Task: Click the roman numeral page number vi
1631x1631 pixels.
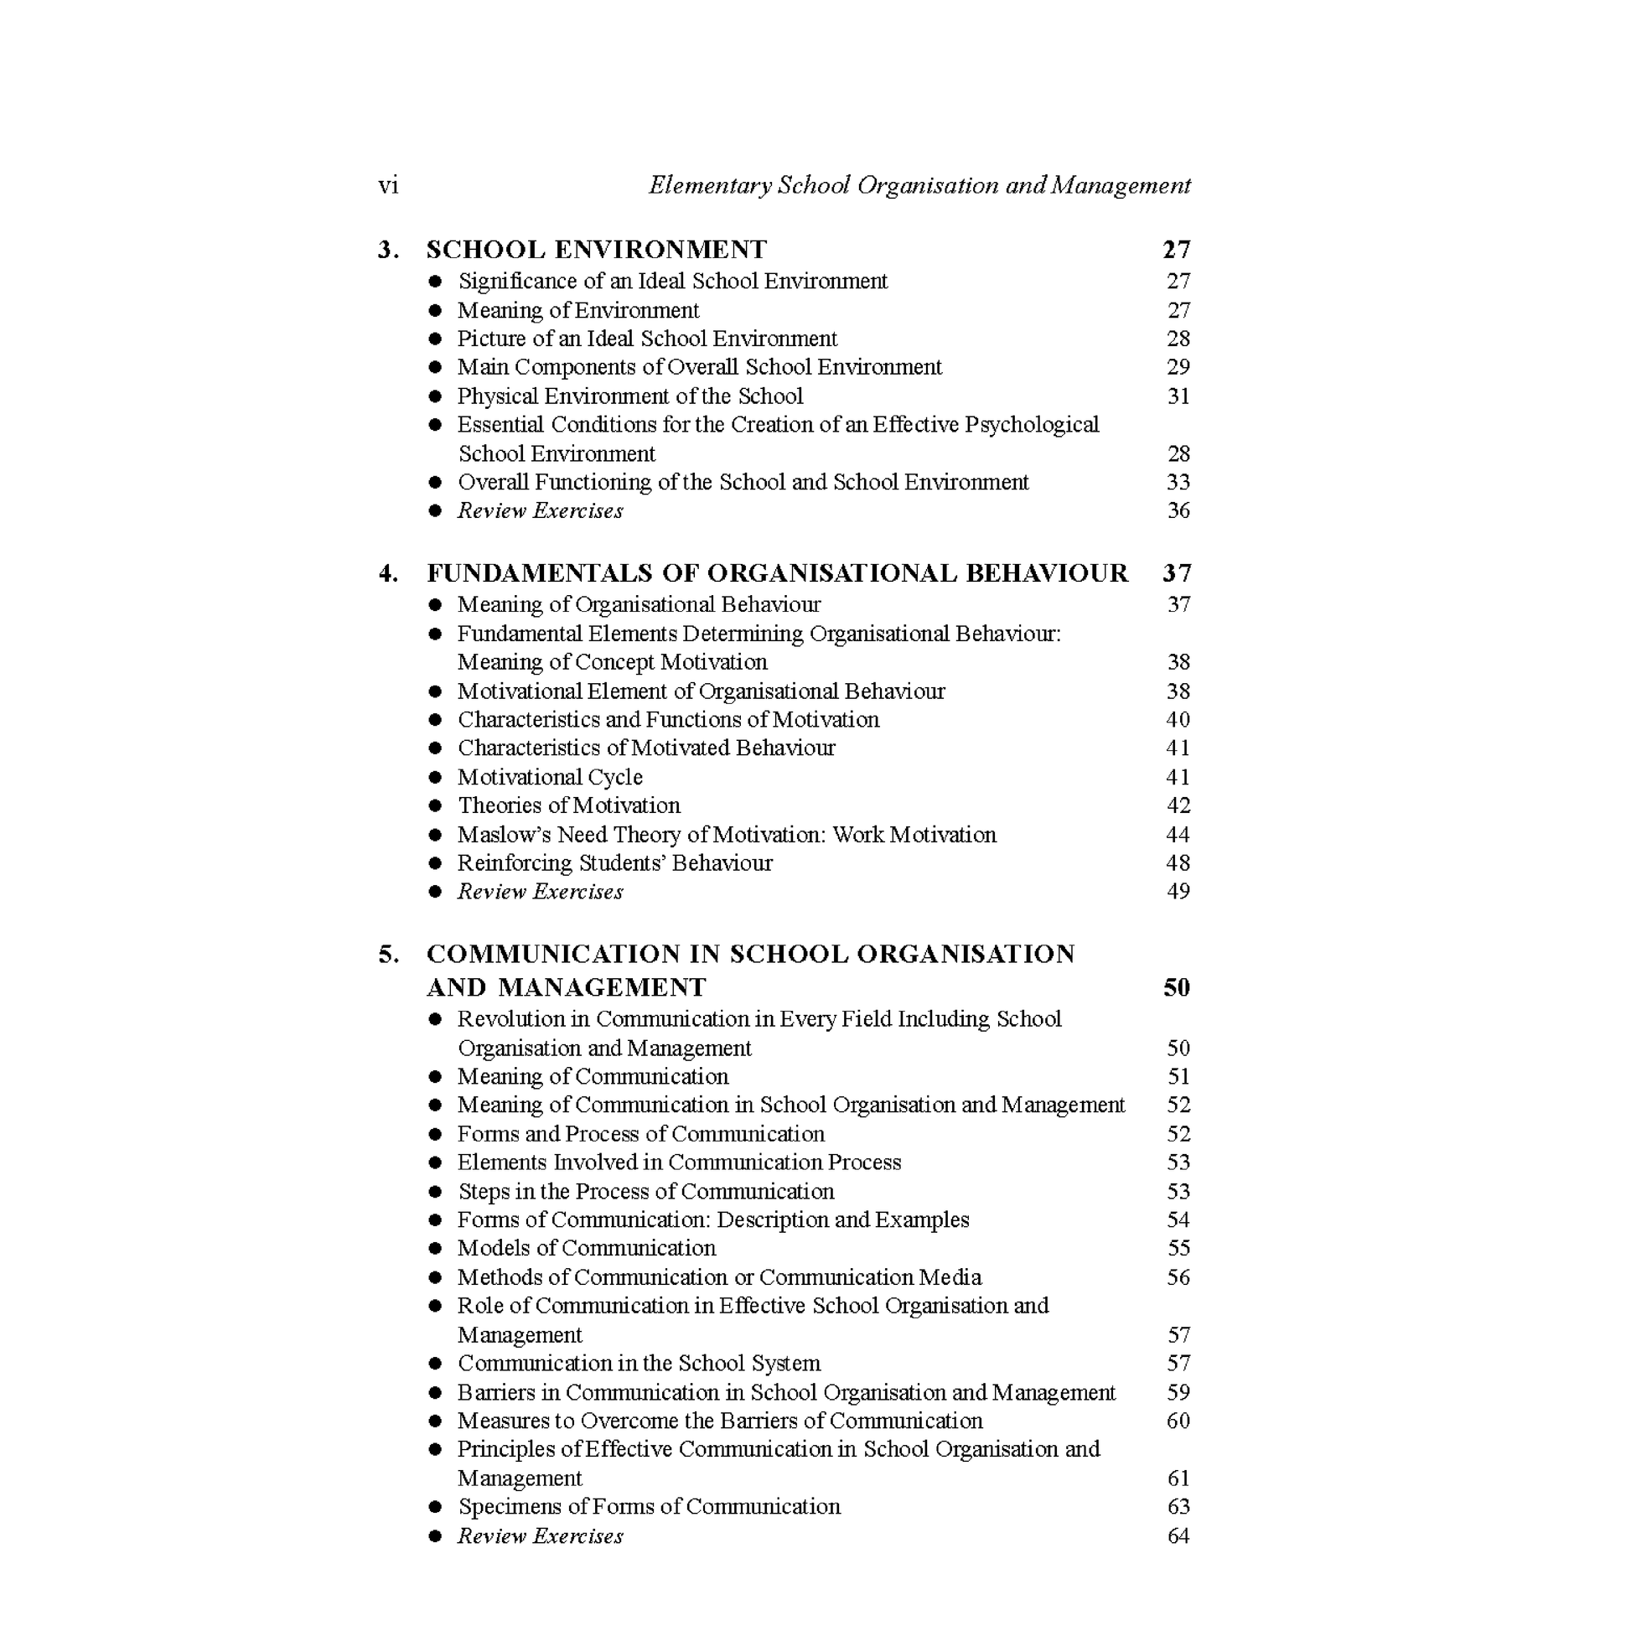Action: coord(387,186)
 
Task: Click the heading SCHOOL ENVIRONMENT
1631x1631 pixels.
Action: coord(596,250)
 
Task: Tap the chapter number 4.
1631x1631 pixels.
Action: coord(387,573)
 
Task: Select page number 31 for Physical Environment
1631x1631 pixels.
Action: coord(1178,396)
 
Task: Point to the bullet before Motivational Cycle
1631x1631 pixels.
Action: coord(436,778)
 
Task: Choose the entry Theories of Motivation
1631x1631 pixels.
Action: coord(568,805)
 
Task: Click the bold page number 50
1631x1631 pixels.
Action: coord(1176,987)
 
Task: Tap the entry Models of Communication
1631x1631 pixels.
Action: coord(586,1249)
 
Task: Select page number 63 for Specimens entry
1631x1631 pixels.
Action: coord(1178,1507)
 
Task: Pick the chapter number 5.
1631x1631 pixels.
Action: coord(387,955)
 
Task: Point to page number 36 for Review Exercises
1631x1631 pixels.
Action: coord(1178,510)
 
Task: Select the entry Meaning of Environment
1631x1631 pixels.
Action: coord(578,311)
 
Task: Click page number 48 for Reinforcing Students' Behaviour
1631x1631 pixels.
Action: coord(1178,863)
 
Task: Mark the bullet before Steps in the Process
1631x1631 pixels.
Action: coord(436,1192)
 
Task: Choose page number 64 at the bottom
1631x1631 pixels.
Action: coord(1178,1535)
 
